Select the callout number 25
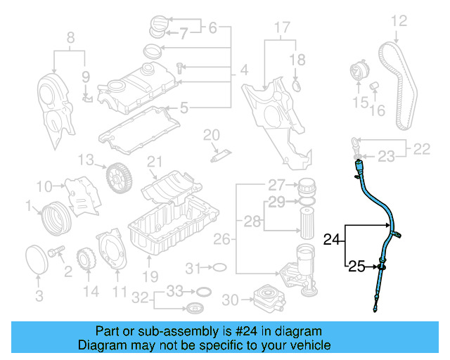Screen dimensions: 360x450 point(357,266)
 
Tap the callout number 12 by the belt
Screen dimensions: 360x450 point(399,22)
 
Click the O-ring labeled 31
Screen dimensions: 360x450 point(219,268)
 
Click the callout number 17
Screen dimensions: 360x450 point(281,29)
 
